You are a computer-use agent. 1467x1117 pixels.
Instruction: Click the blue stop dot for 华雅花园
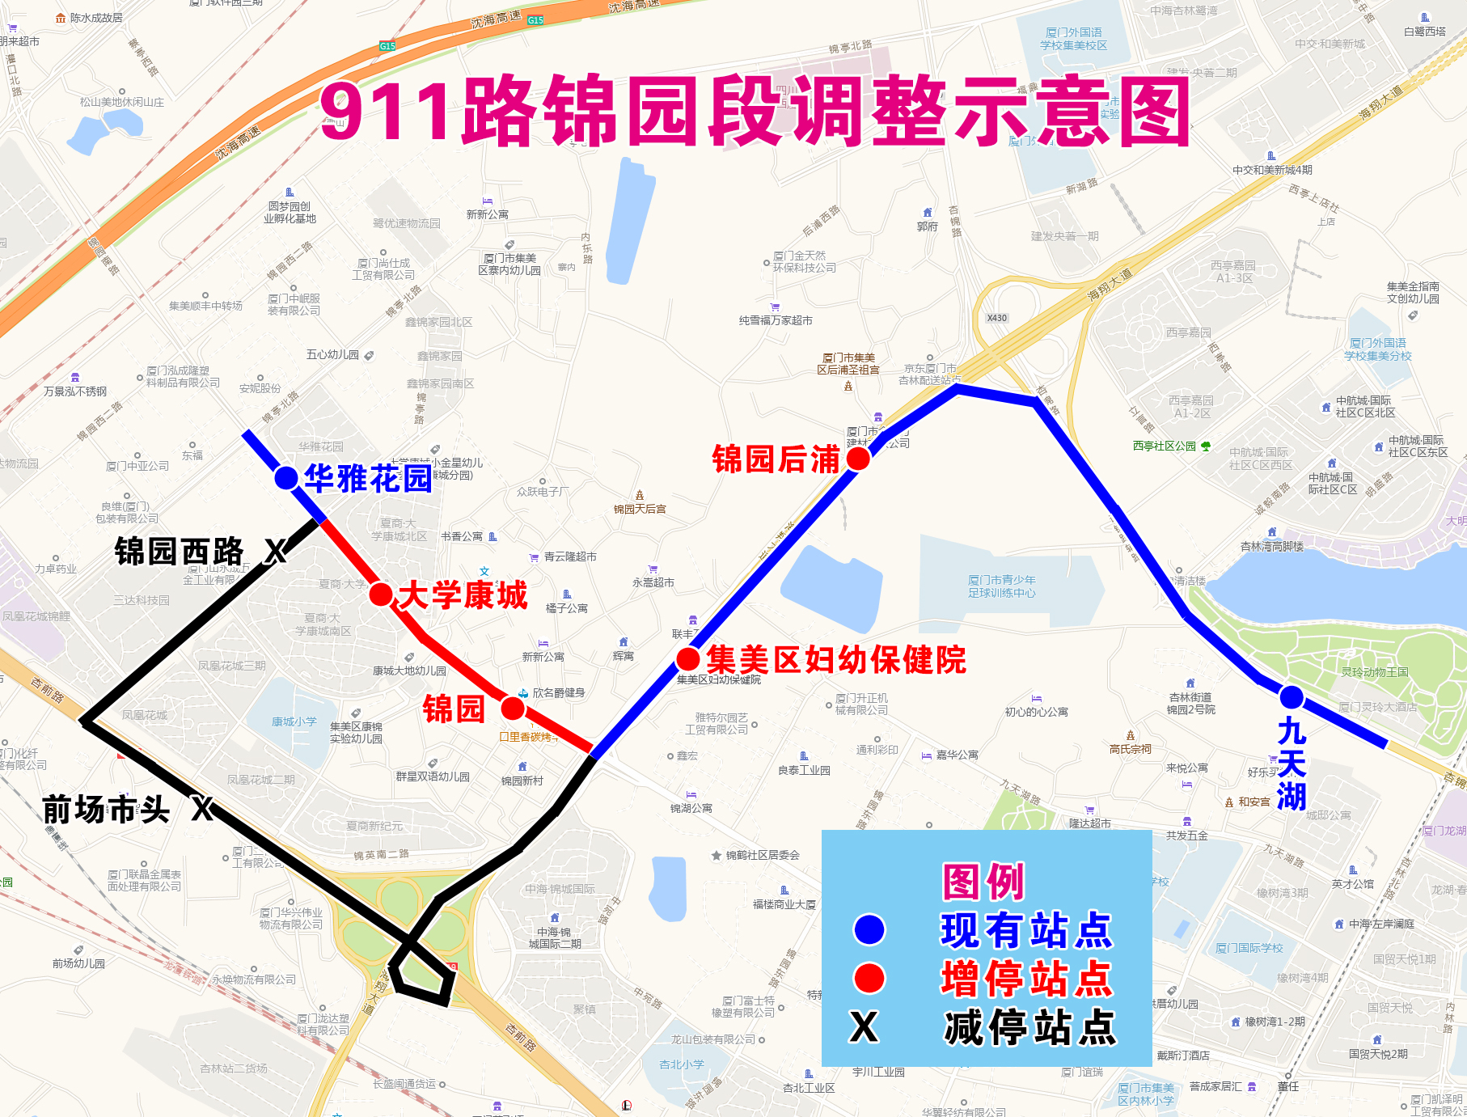(x=285, y=478)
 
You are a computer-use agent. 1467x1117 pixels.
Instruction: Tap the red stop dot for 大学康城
(x=381, y=594)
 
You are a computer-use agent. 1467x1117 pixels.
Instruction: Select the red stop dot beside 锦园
(x=513, y=709)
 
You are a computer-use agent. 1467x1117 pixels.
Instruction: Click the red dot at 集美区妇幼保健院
(x=688, y=659)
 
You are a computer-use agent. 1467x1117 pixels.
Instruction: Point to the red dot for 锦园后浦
(x=858, y=459)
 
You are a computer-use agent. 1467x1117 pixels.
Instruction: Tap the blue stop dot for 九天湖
(x=1292, y=696)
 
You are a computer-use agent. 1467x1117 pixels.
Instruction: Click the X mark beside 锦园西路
(x=276, y=552)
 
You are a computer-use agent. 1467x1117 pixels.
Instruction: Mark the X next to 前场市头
(x=202, y=808)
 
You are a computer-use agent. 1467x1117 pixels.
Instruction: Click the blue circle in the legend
(x=869, y=929)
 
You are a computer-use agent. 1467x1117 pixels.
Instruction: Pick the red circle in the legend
(x=869, y=978)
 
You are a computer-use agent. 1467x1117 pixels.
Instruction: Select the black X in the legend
(x=864, y=1027)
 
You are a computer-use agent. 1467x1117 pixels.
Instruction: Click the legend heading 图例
(x=983, y=882)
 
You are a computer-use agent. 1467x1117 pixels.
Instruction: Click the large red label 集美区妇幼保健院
(x=836, y=660)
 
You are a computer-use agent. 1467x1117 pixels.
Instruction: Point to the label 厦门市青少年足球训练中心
(x=1002, y=586)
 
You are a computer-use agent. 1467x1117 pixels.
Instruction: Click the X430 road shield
(x=997, y=318)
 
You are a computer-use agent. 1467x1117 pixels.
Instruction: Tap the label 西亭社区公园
(x=1165, y=446)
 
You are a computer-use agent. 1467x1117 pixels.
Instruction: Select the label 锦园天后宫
(x=640, y=509)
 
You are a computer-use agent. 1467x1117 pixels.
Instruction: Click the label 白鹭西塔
(x=1425, y=32)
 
